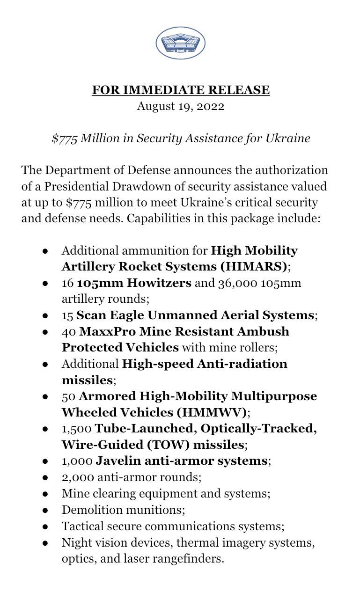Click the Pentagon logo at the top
tap(180, 43)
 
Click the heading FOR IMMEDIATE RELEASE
tap(180, 90)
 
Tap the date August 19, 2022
tap(180, 106)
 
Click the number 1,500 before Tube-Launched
tap(77, 428)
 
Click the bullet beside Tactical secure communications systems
tap(45, 526)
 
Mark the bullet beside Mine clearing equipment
tap(45, 493)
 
